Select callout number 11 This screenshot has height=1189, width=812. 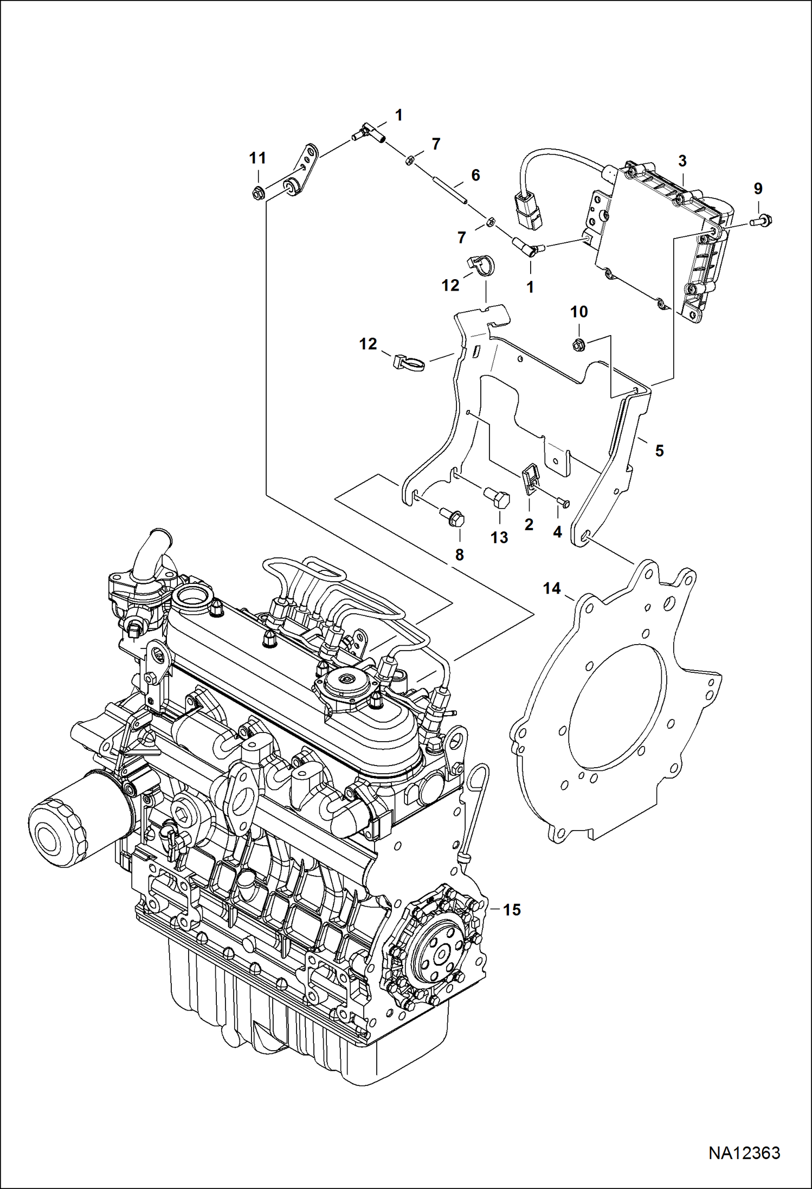click(x=257, y=158)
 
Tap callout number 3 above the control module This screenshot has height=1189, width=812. click(x=682, y=161)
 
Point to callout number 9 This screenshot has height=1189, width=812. click(x=758, y=189)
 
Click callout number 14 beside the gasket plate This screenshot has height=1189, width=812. click(x=552, y=588)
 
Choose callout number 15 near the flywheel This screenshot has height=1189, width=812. click(x=512, y=909)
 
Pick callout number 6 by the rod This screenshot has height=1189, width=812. click(x=475, y=175)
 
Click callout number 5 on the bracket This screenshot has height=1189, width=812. click(x=659, y=451)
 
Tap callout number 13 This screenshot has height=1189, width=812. click(x=499, y=537)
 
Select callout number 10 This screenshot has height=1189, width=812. click(x=579, y=312)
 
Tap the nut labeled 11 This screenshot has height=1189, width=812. click(x=258, y=191)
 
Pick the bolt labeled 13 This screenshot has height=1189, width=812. click(x=497, y=496)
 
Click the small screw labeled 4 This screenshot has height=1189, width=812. click(x=562, y=502)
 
